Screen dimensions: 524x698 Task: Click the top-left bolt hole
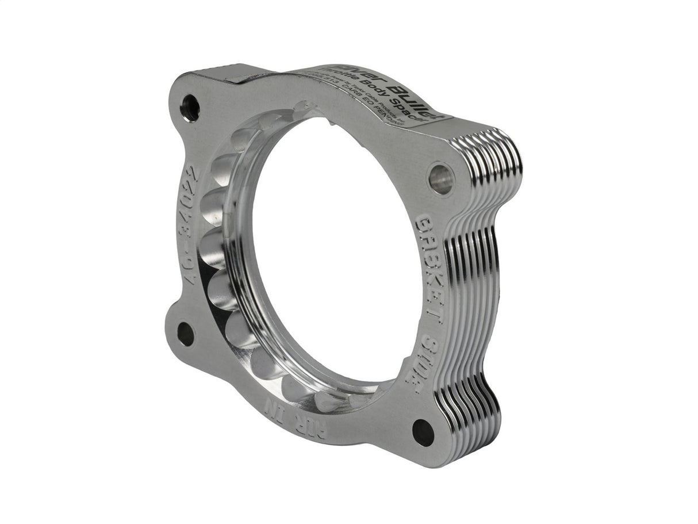click(x=190, y=108)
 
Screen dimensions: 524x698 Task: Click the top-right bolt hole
click(x=441, y=179)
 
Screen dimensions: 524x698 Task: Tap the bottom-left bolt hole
click(x=185, y=334)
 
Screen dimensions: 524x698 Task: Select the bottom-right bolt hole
click(x=423, y=432)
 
